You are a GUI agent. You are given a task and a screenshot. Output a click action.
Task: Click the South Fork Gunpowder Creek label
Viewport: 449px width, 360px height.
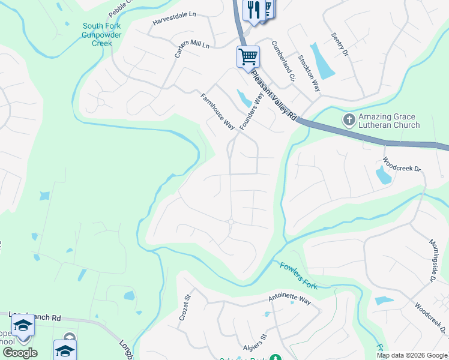(x=101, y=35)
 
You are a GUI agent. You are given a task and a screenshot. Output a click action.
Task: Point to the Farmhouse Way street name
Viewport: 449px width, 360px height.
(x=217, y=112)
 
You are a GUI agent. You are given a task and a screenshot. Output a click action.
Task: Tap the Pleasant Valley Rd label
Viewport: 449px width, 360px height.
(x=275, y=95)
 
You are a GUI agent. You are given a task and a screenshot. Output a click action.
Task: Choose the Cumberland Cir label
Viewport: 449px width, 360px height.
(x=283, y=61)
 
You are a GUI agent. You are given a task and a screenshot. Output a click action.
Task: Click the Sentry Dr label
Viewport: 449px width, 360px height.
(x=340, y=44)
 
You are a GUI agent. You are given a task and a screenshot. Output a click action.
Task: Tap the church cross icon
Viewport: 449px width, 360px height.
(x=348, y=120)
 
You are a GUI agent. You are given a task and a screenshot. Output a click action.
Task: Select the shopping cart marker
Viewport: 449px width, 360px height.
(x=248, y=58)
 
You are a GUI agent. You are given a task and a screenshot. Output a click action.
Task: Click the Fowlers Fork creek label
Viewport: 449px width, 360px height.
(x=298, y=272)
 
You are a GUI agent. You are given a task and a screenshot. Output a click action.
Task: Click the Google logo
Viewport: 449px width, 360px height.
(x=20, y=353)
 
